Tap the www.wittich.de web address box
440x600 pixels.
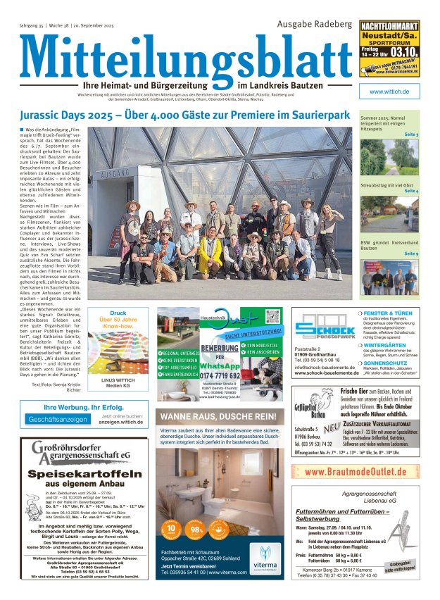(x=394, y=92)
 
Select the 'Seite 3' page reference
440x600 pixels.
(x=411, y=134)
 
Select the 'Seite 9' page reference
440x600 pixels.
(x=411, y=254)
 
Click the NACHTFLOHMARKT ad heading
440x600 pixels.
(x=394, y=27)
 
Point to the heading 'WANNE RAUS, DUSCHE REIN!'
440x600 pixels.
(x=220, y=416)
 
